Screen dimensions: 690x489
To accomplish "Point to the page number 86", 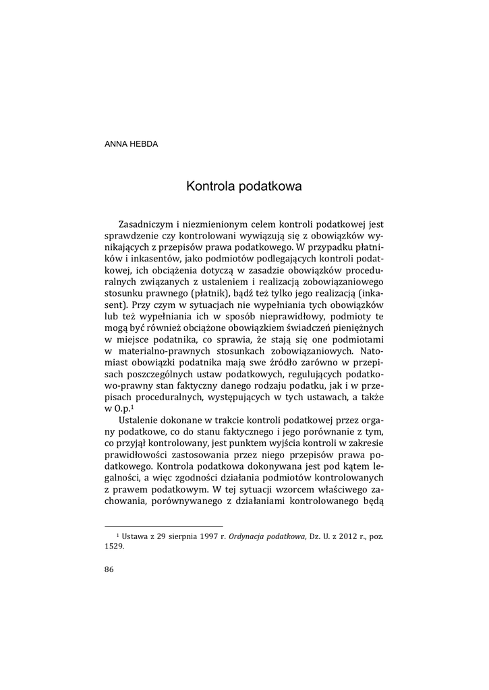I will tap(109, 569).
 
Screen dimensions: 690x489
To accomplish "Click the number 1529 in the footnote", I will tap(115, 547).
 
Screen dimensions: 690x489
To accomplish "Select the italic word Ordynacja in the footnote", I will tap(247, 536).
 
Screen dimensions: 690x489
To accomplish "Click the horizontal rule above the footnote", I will tap(164, 526).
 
